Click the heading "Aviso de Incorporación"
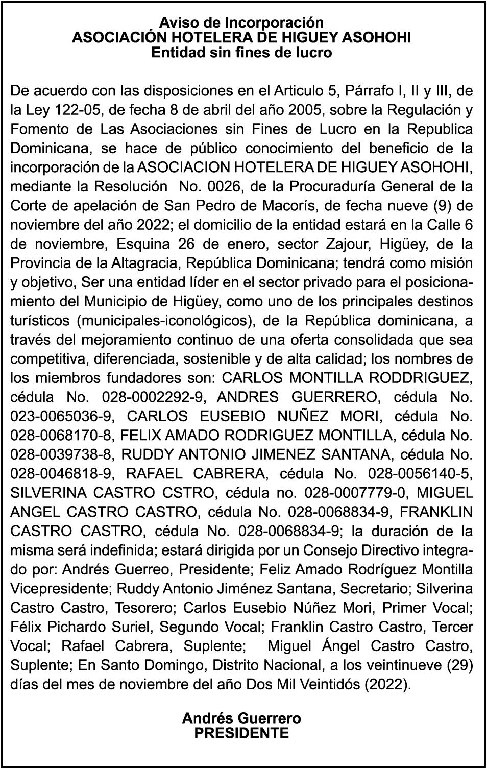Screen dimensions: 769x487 coord(241,23)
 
